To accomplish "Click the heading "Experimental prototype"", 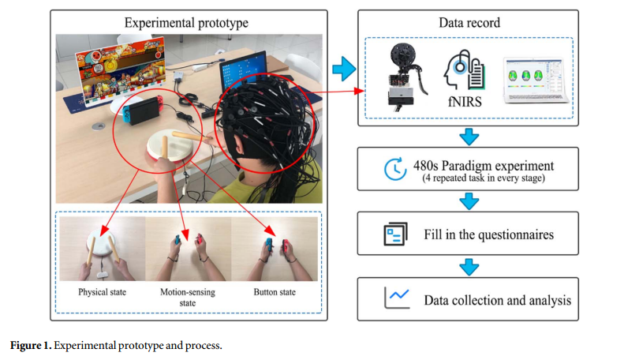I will point(189,22).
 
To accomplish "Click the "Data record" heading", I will point(469,22).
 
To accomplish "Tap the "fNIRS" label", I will point(462,102).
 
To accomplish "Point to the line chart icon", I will point(395,298).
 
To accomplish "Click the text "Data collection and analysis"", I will point(497,300).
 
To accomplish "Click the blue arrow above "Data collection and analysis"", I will point(469,267).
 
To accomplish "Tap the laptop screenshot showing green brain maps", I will point(536,78).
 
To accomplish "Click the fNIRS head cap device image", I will point(403,77).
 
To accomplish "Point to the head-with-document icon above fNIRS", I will point(464,72).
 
